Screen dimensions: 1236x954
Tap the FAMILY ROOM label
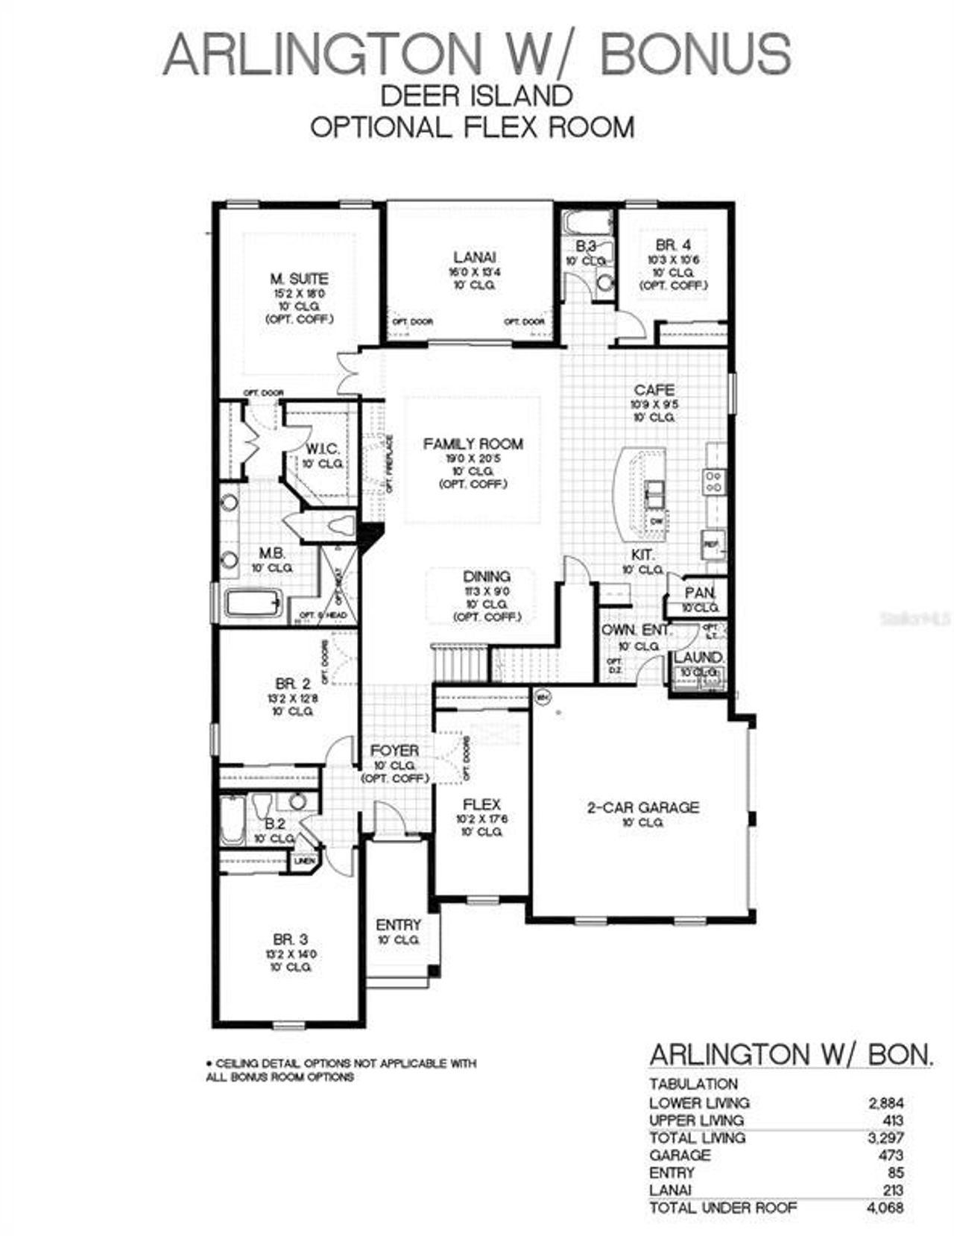pos(473,444)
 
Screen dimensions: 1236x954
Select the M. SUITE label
pos(299,279)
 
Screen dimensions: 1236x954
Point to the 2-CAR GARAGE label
pos(642,807)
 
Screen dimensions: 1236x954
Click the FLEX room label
pos(481,804)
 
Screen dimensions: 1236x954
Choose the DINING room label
pos(487,576)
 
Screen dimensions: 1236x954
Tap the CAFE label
pos(654,390)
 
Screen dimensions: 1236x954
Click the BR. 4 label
pos(673,245)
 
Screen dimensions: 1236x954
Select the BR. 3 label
pos(291,939)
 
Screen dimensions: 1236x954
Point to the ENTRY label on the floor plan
pos(399,925)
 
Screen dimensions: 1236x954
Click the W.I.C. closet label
pos(323,449)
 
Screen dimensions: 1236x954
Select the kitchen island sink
pos(654,490)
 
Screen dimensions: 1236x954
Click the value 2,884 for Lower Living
pos(886,1103)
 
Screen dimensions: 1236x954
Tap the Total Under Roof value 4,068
pos(886,1208)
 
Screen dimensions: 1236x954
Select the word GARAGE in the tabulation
pos(680,1155)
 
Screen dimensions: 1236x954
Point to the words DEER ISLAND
pos(476,95)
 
